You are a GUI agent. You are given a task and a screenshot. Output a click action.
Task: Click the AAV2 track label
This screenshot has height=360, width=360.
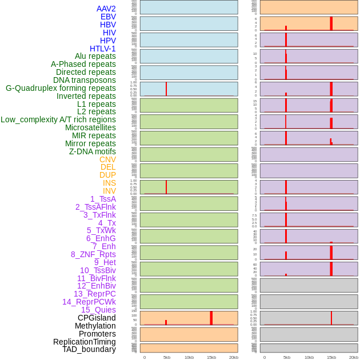[x=106, y=9]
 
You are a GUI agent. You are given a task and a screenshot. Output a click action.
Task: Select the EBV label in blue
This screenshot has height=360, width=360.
[x=108, y=17]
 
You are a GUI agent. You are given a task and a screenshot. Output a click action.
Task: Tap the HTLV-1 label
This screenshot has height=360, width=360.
[x=102, y=49]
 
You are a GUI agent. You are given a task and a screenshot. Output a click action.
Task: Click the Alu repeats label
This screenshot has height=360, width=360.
[x=95, y=56]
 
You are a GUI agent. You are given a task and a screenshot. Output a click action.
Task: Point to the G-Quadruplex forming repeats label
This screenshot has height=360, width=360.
[x=61, y=88]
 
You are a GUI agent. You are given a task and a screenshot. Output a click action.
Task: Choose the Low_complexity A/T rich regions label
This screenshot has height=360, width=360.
[x=58, y=119]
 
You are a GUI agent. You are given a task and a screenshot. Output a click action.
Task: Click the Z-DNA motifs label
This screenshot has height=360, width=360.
[x=92, y=151]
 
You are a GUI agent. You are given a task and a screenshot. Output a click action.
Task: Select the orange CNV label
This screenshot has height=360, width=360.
[x=107, y=159]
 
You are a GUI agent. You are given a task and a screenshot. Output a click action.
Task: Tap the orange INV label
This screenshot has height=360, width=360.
[x=109, y=191]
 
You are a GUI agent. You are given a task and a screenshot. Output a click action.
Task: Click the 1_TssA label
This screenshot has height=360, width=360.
[x=103, y=199]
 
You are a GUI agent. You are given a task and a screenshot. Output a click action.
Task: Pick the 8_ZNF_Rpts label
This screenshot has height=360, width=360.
[x=93, y=254]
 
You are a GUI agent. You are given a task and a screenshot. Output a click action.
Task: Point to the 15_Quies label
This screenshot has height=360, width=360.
[x=98, y=310]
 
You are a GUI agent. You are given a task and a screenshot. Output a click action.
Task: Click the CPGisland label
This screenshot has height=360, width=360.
[x=97, y=318]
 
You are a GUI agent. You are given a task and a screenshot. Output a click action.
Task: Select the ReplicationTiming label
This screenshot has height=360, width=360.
[x=85, y=342]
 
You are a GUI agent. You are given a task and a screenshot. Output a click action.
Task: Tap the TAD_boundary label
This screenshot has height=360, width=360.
[x=89, y=349]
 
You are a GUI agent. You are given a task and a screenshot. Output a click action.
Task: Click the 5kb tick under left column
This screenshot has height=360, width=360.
[x=167, y=357]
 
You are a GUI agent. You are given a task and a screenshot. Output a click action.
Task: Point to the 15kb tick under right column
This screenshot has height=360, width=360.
[x=331, y=357]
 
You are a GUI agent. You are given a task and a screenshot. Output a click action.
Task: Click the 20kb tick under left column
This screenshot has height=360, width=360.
[x=234, y=357]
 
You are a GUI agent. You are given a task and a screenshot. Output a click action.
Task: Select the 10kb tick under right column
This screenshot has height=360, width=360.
[x=309, y=357]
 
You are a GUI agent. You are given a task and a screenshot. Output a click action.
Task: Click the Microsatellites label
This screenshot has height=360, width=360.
[x=90, y=127]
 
